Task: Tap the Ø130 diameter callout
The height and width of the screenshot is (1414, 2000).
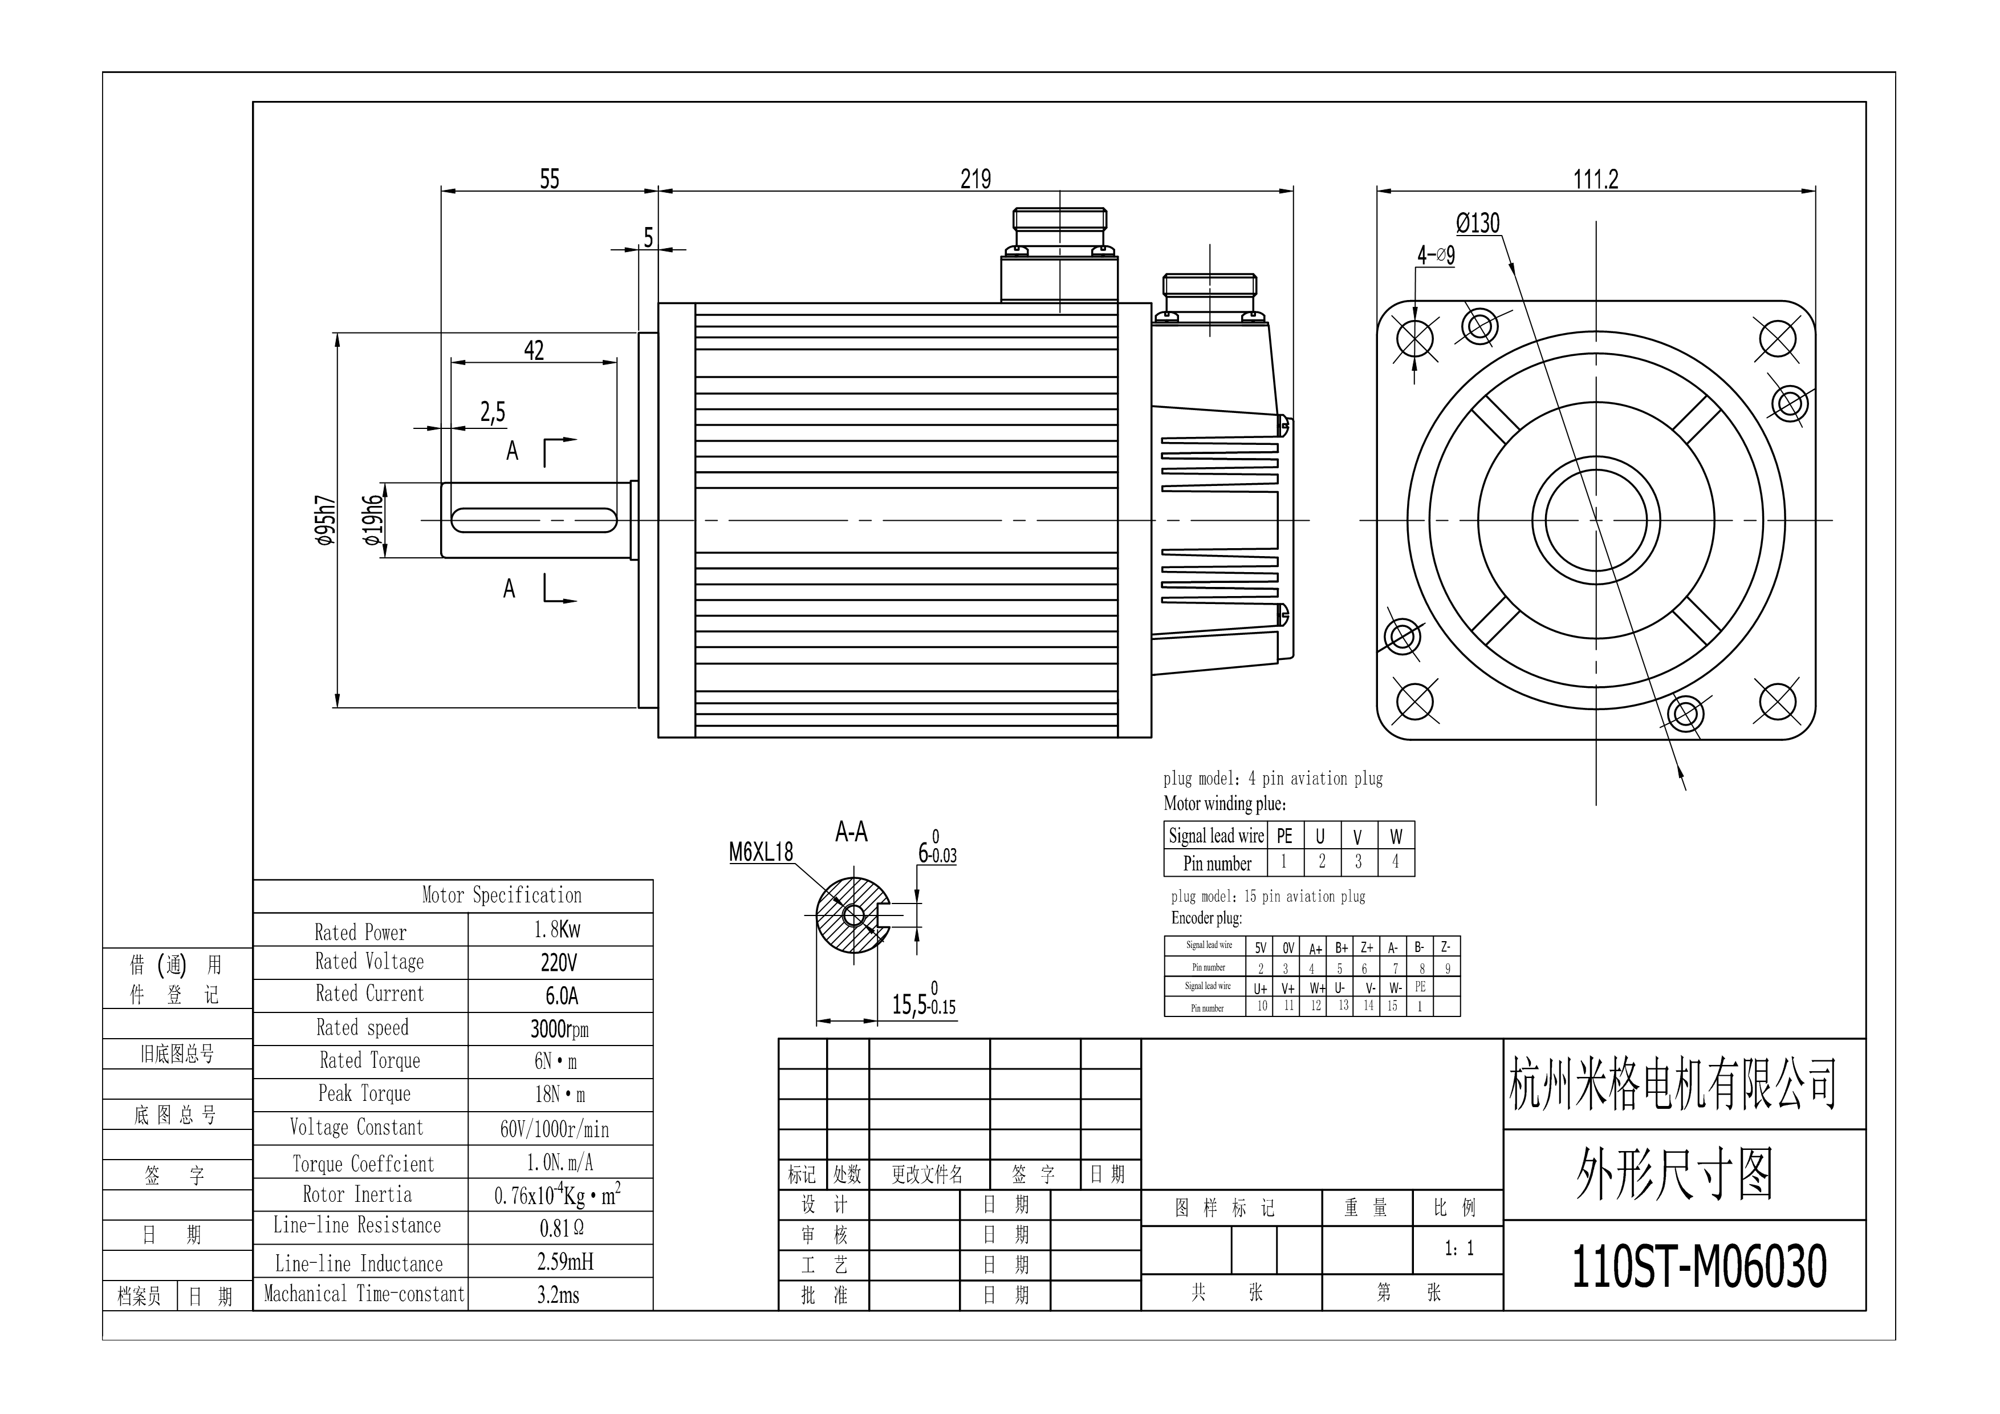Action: pyautogui.click(x=1478, y=223)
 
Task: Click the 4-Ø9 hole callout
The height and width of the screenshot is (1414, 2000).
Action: pyautogui.click(x=1436, y=254)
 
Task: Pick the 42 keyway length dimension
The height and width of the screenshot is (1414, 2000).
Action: pyautogui.click(x=534, y=350)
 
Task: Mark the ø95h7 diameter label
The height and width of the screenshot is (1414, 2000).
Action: pyautogui.click(x=326, y=520)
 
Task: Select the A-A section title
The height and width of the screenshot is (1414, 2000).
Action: pyautogui.click(x=851, y=832)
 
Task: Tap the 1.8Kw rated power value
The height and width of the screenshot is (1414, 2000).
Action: pyautogui.click(x=558, y=930)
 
